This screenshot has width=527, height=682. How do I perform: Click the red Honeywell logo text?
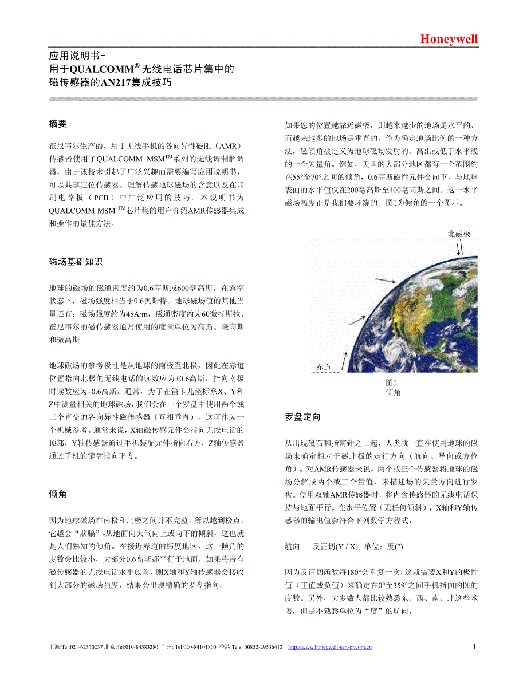pyautogui.click(x=449, y=39)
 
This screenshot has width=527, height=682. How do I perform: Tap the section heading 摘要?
pyautogui.click(x=58, y=124)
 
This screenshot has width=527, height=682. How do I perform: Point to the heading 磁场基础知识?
pyautogui.click(x=76, y=262)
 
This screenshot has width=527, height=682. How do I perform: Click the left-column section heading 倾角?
pyautogui.click(x=58, y=494)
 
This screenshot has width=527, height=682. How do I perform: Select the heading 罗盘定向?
pyautogui.click(x=302, y=417)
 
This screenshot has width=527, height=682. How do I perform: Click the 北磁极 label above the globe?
pyautogui.click(x=459, y=234)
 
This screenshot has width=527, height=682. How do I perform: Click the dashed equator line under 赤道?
pyautogui.click(x=327, y=373)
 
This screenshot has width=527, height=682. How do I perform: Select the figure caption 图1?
pyautogui.click(x=391, y=383)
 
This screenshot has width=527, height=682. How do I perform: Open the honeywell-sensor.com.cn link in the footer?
pyautogui.click(x=329, y=648)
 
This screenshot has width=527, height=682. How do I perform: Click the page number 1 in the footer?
pyautogui.click(x=474, y=646)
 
